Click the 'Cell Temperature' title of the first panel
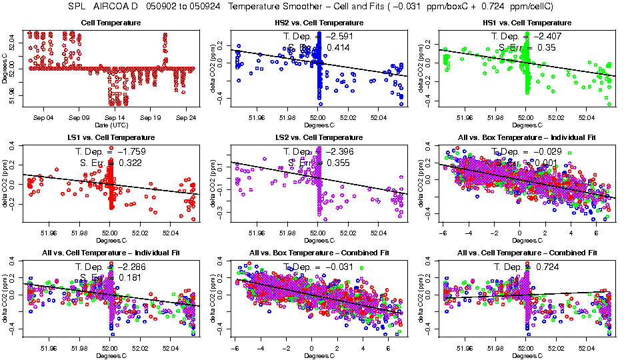pos(111,23)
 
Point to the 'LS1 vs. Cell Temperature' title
pos(111,137)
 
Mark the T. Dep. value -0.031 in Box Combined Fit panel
pos(341,267)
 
